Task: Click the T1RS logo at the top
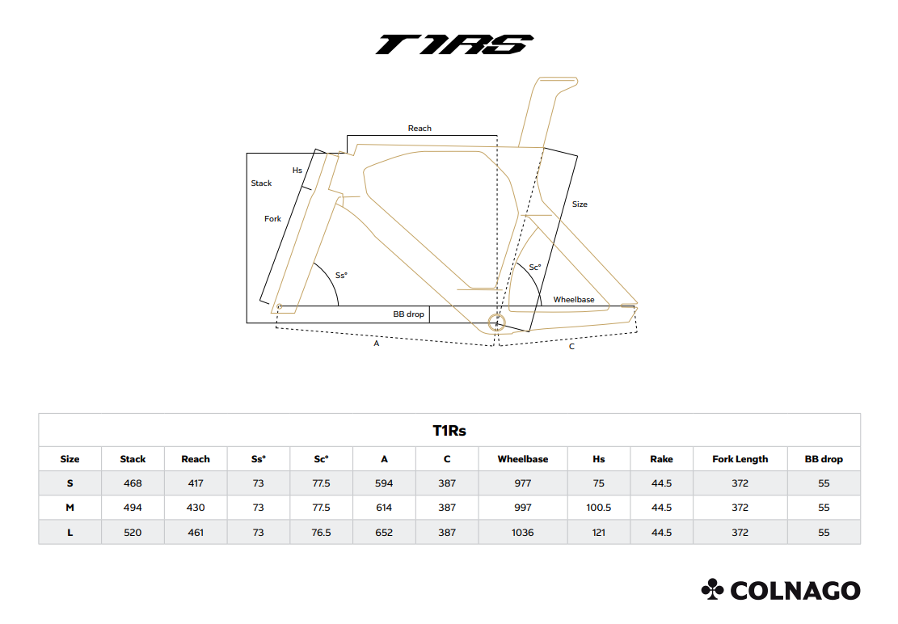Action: coord(454,44)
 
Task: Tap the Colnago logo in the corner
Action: coord(781,590)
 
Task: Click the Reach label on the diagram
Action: coord(419,129)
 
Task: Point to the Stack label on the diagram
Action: coord(261,183)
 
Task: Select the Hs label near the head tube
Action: coord(297,171)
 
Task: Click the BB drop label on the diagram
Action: coord(408,314)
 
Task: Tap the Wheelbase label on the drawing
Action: coord(574,300)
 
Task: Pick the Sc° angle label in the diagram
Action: coord(534,267)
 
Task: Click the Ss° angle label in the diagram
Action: coord(341,276)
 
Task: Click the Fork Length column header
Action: coord(740,459)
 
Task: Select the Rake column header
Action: coord(661,459)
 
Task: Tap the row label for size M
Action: coord(70,508)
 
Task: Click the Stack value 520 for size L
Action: coord(133,533)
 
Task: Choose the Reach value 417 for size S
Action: coord(196,483)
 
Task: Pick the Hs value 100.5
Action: coord(598,508)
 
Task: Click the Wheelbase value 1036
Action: coord(523,533)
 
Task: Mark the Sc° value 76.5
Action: coord(321,533)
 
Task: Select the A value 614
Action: coord(384,508)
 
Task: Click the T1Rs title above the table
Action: coord(449,431)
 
